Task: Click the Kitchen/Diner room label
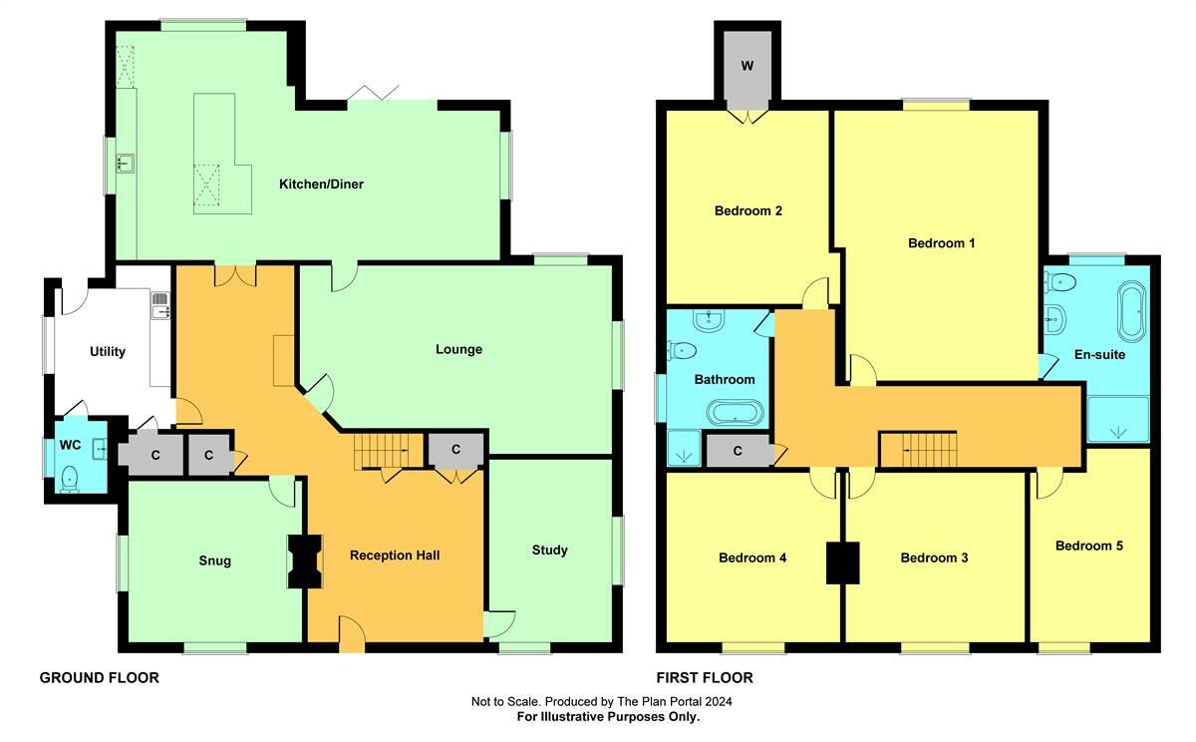tap(321, 184)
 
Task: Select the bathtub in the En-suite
tap(1132, 311)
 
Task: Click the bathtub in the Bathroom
tap(735, 412)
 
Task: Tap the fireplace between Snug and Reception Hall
tap(304, 561)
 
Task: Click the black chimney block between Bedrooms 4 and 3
tap(842, 562)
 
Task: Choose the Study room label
tap(549, 550)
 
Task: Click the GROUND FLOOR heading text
tap(99, 678)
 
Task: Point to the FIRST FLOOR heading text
tap(705, 678)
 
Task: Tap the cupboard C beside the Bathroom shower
tap(738, 451)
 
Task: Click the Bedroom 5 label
tap(1089, 546)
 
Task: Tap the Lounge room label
tap(458, 349)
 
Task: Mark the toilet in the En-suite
tap(1062, 281)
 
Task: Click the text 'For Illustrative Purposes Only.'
tap(608, 716)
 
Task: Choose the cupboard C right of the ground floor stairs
tap(455, 450)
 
